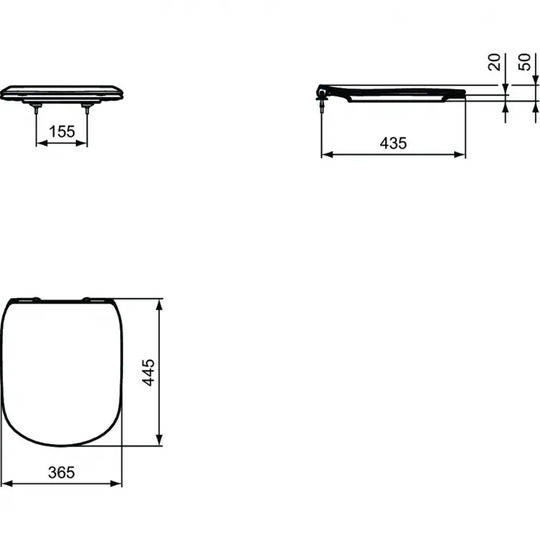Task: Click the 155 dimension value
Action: pyautogui.click(x=62, y=132)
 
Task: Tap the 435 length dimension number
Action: pyautogui.click(x=393, y=143)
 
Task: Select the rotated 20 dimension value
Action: pyautogui.click(x=495, y=63)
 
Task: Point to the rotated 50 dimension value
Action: pyautogui.click(x=526, y=63)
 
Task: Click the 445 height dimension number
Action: pyautogui.click(x=149, y=373)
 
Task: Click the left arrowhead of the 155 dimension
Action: pyautogui.click(x=40, y=143)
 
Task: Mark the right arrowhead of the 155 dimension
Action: pyautogui.click(x=84, y=143)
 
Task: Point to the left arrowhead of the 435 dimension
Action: pyautogui.click(x=325, y=154)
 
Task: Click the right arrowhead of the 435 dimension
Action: pyautogui.click(x=461, y=154)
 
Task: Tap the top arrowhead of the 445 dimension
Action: pyautogui.click(x=161, y=302)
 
